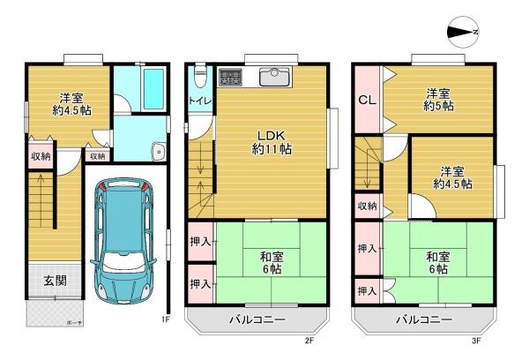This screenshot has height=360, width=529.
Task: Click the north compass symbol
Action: [x=464, y=32]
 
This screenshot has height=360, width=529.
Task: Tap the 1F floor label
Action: [x=165, y=319]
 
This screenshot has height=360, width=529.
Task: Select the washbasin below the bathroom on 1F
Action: [x=156, y=149]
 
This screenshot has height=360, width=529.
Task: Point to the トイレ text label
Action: [x=198, y=101]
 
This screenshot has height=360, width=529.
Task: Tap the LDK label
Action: [x=272, y=135]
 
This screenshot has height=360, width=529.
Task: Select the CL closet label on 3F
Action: [x=367, y=100]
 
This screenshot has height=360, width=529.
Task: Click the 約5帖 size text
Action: [x=436, y=106]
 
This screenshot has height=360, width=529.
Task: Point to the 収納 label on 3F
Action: [x=367, y=206]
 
